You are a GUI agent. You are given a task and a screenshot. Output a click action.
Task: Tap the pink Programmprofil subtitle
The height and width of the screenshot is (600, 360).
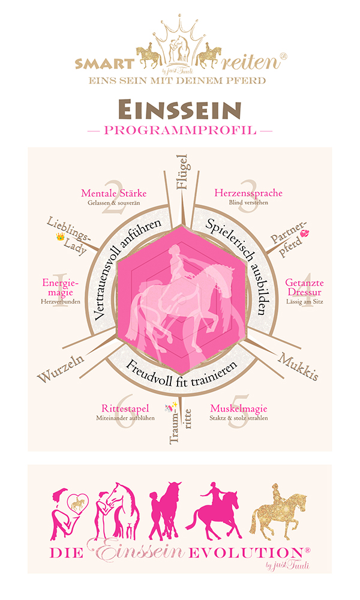coord(180,130)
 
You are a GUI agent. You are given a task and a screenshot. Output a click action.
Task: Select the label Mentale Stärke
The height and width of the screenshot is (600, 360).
coord(113,193)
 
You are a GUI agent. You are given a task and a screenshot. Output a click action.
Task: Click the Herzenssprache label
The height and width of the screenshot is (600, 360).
coord(248,193)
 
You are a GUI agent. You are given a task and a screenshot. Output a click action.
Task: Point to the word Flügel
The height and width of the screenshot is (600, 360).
coord(183,172)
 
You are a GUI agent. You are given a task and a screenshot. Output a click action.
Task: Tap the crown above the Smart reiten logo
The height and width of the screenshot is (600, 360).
coord(180,33)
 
